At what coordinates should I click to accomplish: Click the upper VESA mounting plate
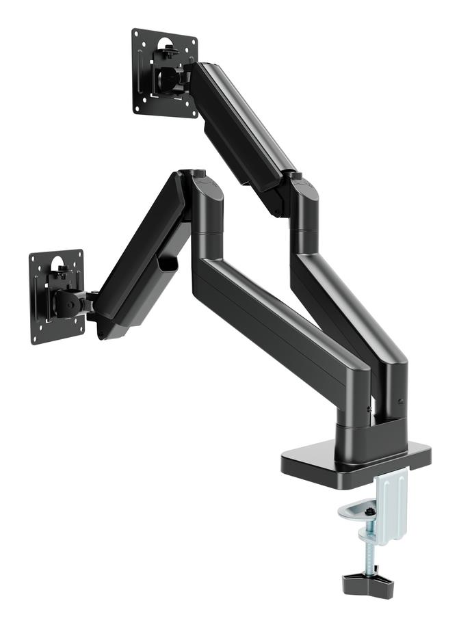pos(164,73)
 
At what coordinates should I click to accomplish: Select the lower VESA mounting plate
pos(57,297)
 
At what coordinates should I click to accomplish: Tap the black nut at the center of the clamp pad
pos(370,511)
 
